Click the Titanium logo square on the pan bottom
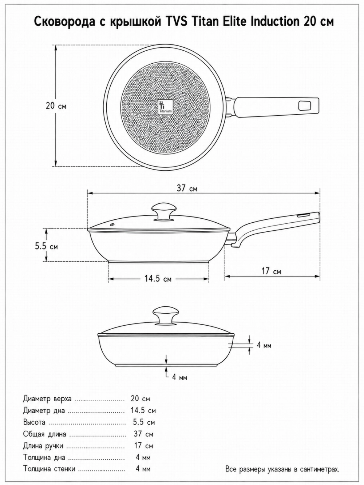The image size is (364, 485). (165, 107)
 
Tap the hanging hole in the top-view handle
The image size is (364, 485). (305, 106)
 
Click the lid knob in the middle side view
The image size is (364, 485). (164, 212)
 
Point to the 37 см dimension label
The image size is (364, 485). (187, 188)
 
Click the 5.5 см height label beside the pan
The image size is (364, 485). (47, 246)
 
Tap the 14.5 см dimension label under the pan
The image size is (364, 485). (158, 279)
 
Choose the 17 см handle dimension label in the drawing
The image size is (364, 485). (272, 271)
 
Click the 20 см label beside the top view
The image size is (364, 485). (56, 106)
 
